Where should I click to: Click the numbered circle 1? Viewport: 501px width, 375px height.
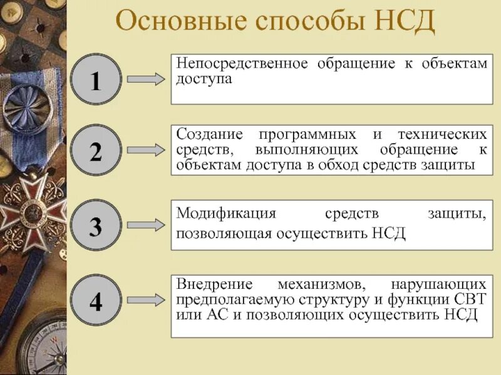(95, 79)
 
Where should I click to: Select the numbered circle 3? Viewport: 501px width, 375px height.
(95, 227)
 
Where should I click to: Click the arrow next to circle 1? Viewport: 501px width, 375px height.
(145, 79)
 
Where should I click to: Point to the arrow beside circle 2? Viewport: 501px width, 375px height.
(145, 151)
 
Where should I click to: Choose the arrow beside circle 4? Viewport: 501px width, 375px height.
(145, 301)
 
